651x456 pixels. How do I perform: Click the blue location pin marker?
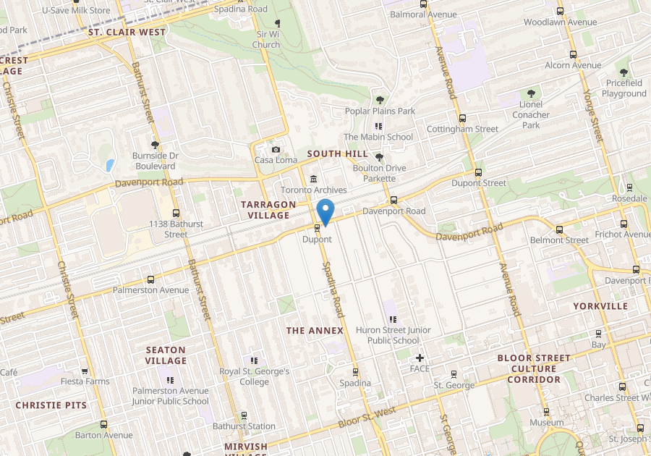pos(325,211)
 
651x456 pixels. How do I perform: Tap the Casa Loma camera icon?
pos(276,149)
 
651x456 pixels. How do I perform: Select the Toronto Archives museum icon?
pos(313,179)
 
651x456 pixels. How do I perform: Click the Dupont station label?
pos(317,239)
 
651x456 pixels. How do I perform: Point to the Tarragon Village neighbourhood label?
pos(268,210)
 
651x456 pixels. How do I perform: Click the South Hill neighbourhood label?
pos(337,154)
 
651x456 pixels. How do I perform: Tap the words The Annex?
pos(315,331)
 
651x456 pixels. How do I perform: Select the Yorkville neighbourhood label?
pos(600,306)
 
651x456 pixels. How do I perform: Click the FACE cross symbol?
pos(419,358)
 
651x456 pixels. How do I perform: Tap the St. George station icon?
pos(454,374)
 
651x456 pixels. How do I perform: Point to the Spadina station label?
pos(355,383)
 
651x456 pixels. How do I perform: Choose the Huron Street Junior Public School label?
pos(393,335)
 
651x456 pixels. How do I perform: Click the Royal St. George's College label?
pos(254,376)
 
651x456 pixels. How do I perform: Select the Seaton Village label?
pos(166,355)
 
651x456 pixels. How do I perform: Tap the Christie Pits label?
pos(51,405)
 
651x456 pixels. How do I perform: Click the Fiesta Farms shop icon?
pos(85,371)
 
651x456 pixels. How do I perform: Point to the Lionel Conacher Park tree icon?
pos(532,93)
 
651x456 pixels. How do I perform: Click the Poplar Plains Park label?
pos(380,111)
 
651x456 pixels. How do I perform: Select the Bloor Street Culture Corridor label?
pos(534,368)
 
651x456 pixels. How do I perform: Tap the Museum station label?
pos(546,422)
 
